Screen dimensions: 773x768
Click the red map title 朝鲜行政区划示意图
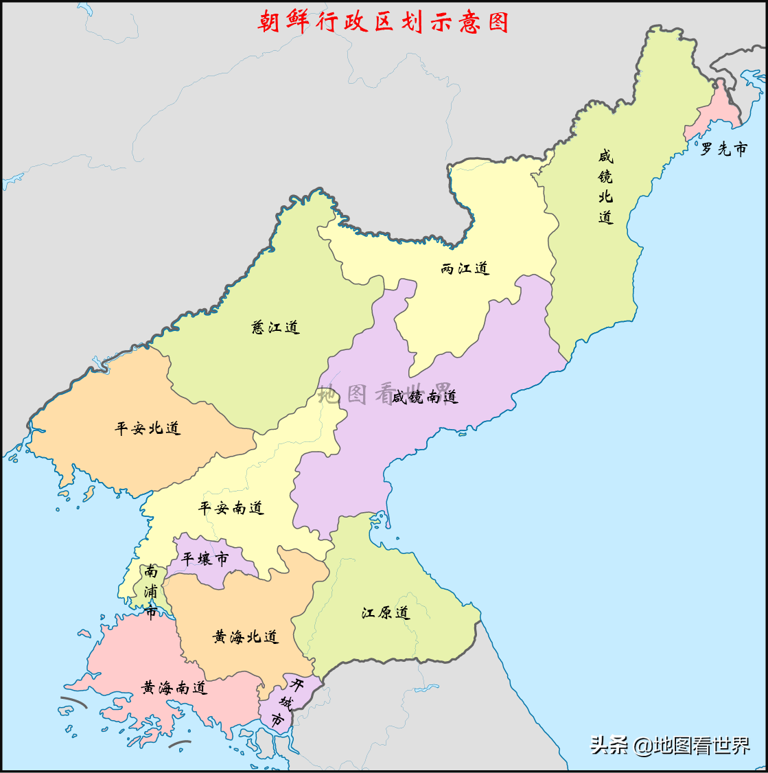click(383, 22)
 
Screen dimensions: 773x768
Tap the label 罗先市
click(723, 149)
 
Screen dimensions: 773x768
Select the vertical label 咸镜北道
click(605, 187)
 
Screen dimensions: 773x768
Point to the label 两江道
click(465, 268)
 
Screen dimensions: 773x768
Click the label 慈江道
click(276, 327)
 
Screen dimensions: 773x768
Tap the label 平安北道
click(148, 428)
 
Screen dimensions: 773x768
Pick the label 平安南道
click(231, 508)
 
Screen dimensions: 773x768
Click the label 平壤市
click(205, 559)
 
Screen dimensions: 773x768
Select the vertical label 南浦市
click(151, 592)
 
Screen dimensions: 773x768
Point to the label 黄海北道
click(246, 637)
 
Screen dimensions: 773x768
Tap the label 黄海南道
click(174, 687)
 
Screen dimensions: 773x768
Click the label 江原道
click(386, 612)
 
